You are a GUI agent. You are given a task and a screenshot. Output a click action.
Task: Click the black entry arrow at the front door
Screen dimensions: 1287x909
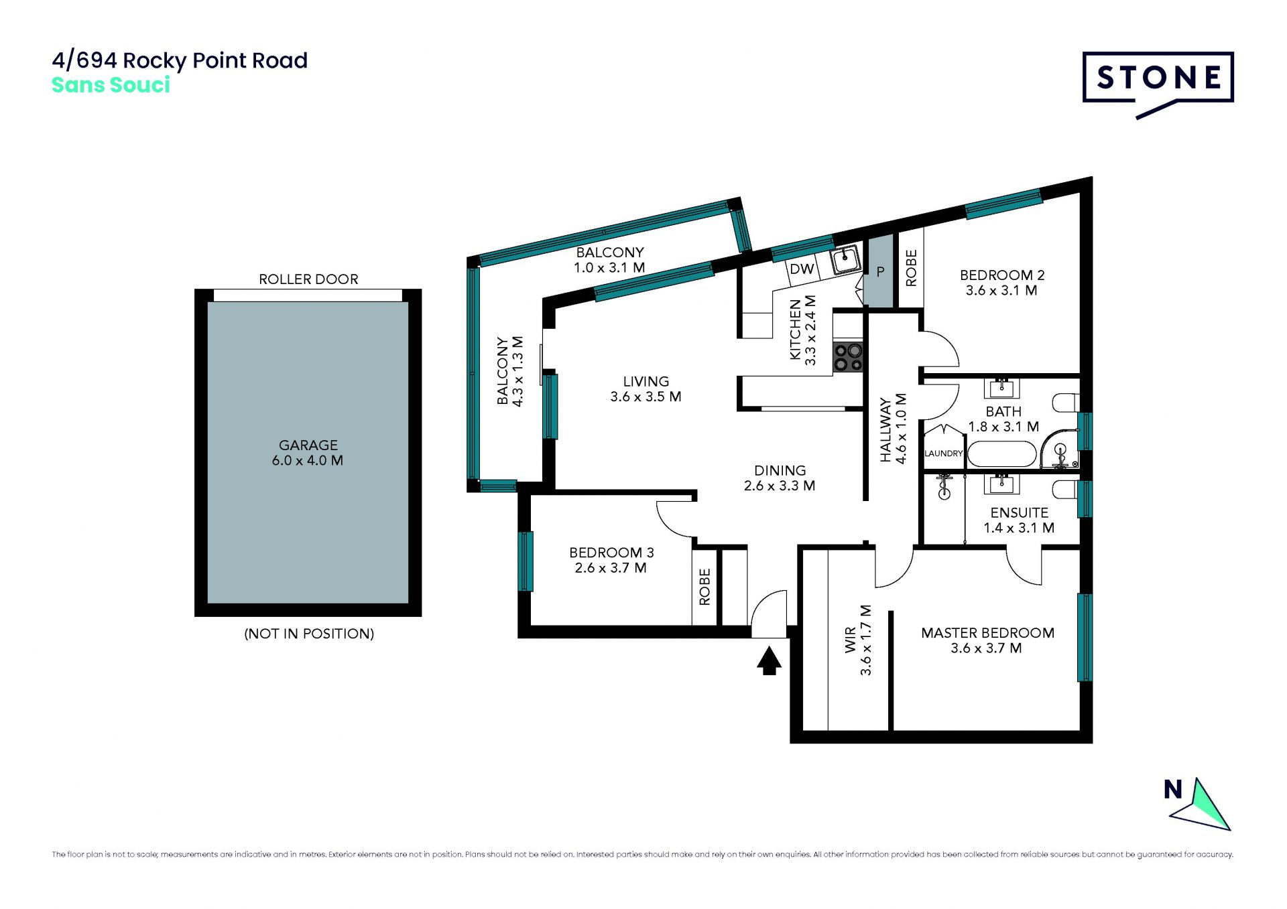coord(770,660)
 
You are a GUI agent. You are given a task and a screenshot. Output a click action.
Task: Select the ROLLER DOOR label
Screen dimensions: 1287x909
coord(308,279)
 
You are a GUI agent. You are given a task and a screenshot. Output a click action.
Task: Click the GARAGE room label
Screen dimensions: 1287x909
coord(308,445)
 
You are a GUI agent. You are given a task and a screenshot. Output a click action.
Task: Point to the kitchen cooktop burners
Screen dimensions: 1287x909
coord(848,357)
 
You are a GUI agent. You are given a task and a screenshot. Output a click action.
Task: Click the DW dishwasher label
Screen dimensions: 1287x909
coord(802,269)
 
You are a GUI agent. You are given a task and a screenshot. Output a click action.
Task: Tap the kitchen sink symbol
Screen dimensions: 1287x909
coord(846,259)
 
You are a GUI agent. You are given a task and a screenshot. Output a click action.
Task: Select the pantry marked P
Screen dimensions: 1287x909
coord(879,271)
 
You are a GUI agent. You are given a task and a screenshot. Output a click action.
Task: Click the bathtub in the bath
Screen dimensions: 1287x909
coord(1003,453)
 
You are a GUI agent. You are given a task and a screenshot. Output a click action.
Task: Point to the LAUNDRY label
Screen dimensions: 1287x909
coord(943,453)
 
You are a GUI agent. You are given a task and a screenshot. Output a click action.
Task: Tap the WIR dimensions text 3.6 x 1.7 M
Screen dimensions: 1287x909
coord(866,640)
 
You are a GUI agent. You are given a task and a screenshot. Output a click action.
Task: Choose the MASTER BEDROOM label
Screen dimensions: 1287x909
coord(987,633)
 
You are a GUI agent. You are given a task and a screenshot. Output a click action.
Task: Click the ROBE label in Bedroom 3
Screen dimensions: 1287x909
coord(704,587)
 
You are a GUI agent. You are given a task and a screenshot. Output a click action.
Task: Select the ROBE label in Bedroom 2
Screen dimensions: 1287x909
coord(911,268)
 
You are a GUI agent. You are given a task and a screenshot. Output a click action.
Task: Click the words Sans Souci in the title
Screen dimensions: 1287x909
coord(111,85)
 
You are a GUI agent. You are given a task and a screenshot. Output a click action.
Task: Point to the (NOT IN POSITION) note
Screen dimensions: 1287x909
coord(309,634)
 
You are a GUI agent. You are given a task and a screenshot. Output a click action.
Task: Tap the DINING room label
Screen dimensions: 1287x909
coord(780,470)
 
